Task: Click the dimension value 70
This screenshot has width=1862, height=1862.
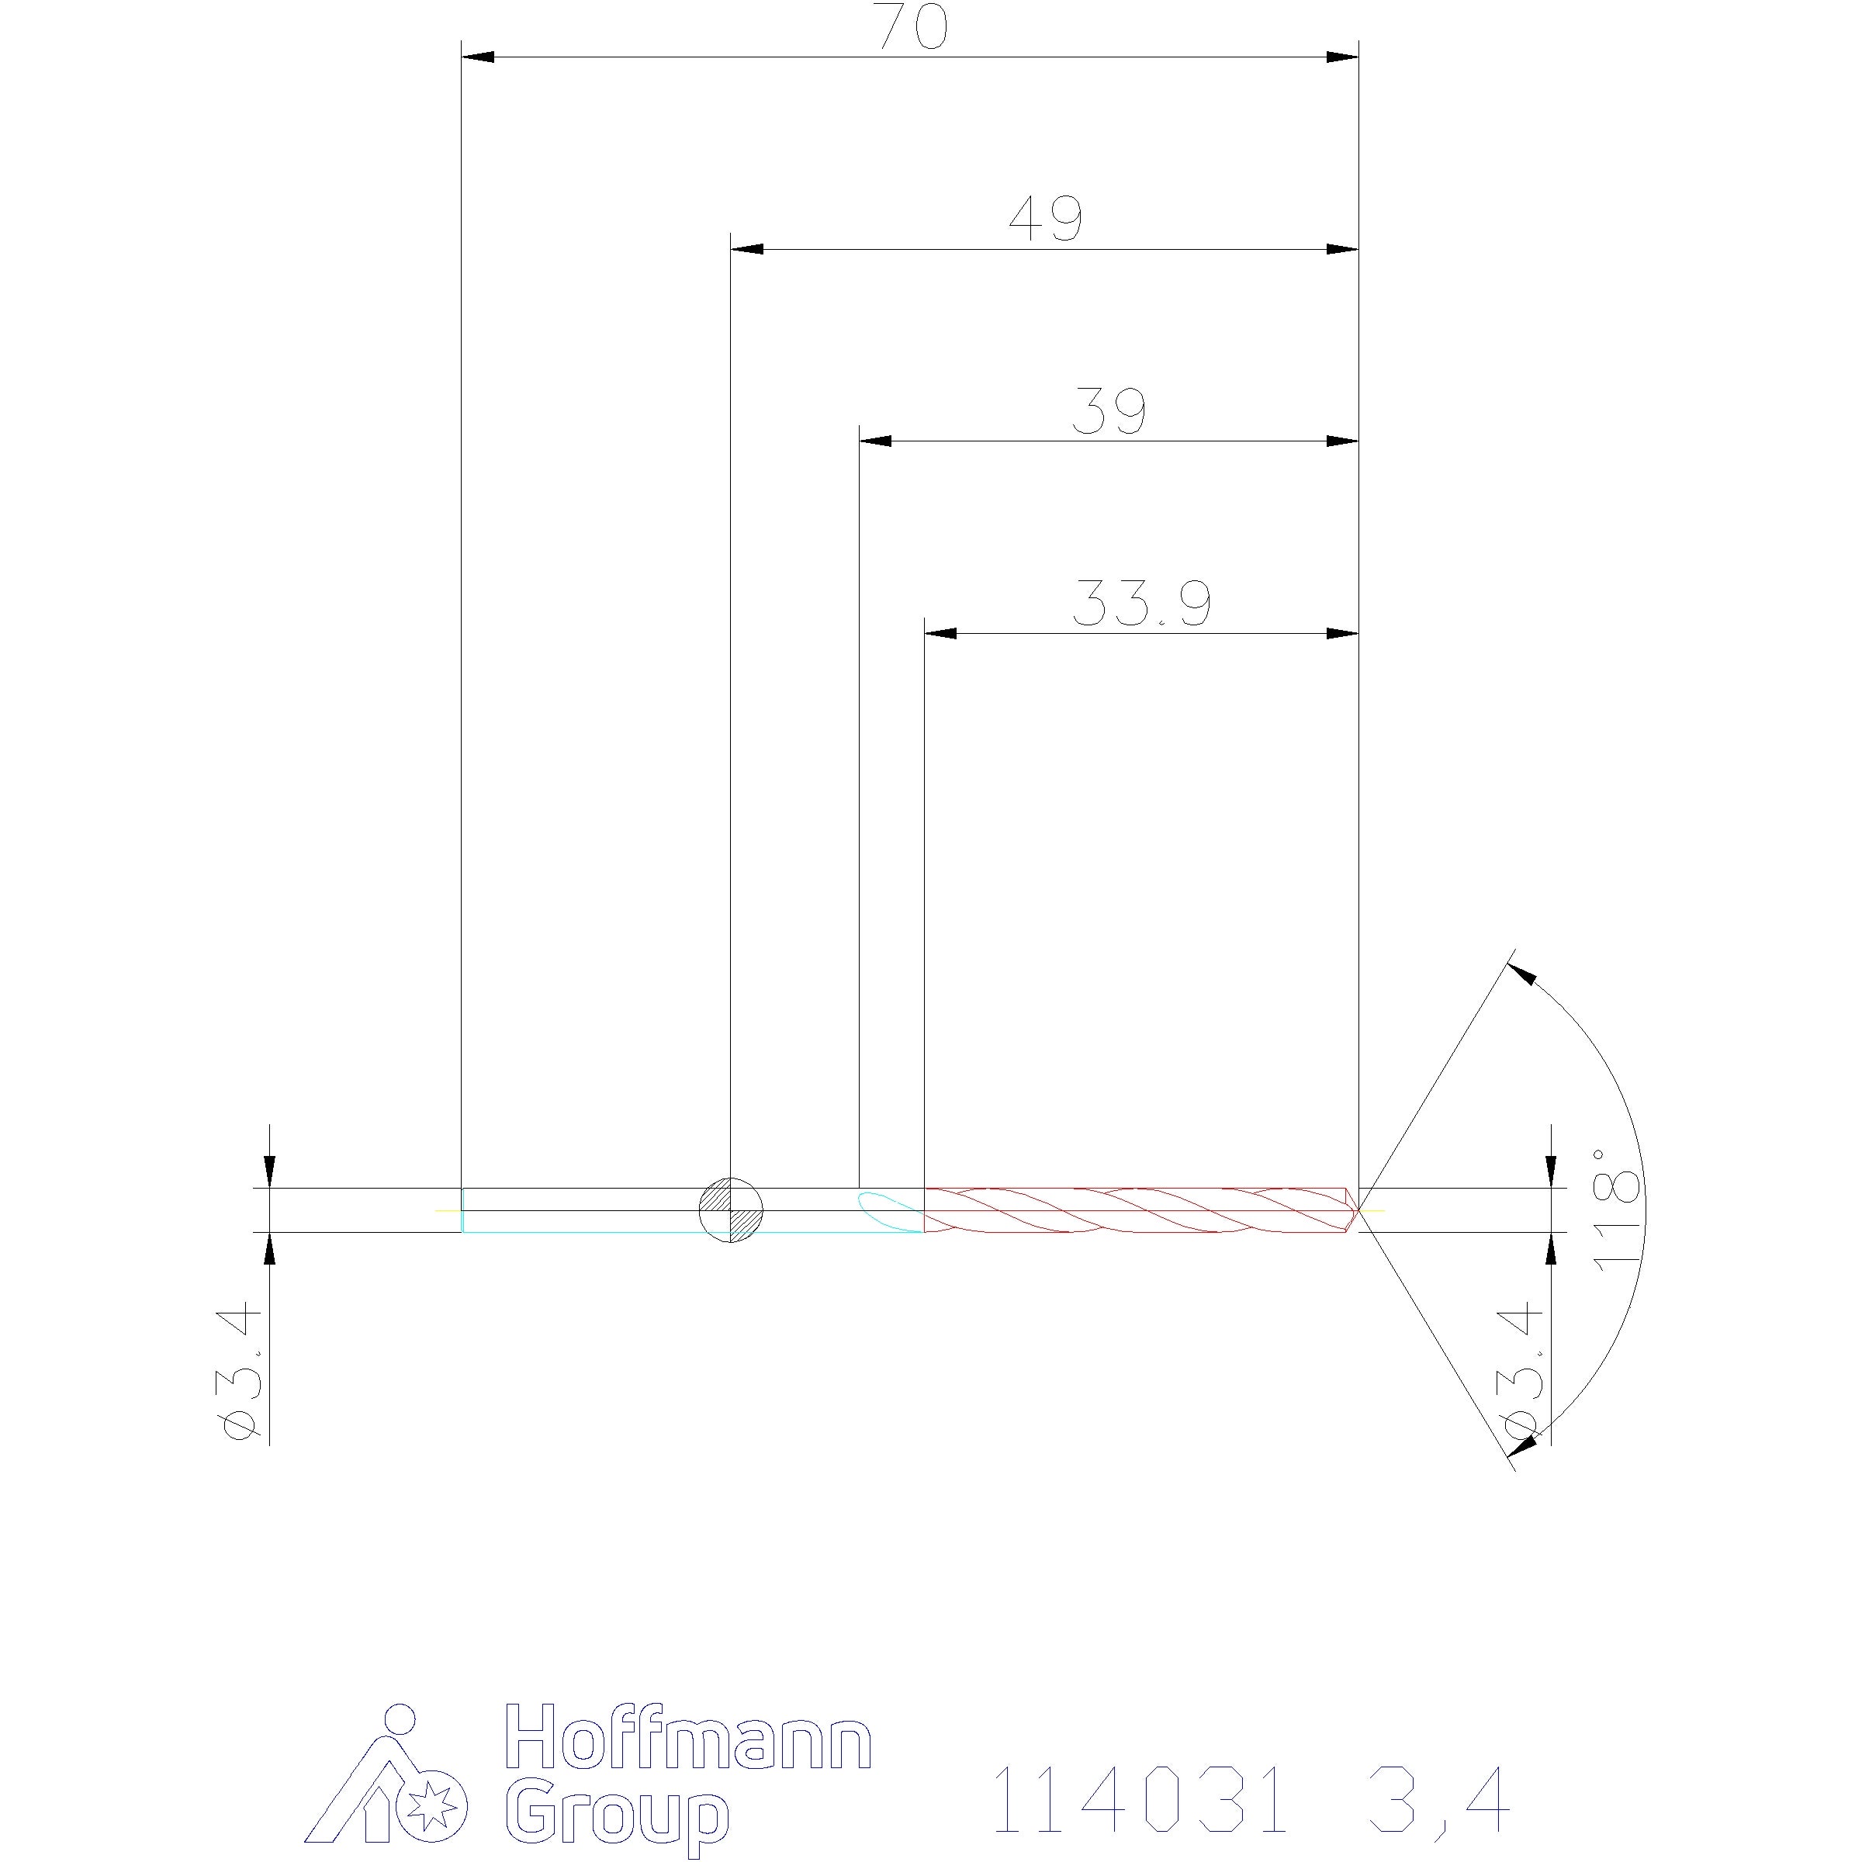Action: point(912,27)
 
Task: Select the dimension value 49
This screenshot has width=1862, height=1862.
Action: point(1046,219)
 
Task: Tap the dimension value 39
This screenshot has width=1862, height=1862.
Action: point(1109,411)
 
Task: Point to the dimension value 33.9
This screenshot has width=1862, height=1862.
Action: point(1142,604)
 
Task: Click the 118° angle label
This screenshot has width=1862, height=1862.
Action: point(1616,1210)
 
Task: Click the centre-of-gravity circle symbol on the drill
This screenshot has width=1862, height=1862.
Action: point(731,1210)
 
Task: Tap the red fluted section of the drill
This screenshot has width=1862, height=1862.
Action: point(1141,1210)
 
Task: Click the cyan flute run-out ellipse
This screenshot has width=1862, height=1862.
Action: point(891,1210)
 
